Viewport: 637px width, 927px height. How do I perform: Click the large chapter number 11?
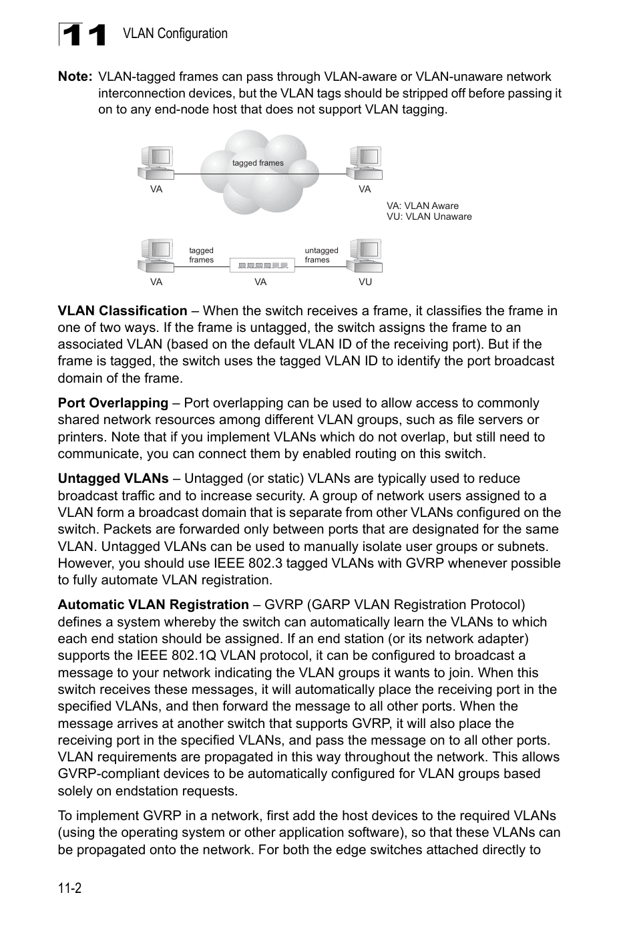[83, 35]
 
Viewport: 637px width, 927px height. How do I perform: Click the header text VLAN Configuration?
[175, 33]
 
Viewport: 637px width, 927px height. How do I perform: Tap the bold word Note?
[75, 77]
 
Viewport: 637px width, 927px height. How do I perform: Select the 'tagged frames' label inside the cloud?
[258, 163]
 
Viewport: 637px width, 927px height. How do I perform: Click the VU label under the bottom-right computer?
[365, 282]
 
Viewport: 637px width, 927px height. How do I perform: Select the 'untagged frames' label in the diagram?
[321, 255]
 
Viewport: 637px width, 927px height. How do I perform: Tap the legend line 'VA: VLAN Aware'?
[422, 206]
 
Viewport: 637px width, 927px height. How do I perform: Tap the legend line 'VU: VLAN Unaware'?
[429, 216]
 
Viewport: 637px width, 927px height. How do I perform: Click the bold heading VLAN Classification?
[122, 311]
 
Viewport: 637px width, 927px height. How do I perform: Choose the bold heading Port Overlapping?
[113, 403]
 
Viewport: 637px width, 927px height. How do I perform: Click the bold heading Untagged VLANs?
[113, 478]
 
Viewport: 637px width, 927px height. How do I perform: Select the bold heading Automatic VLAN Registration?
[153, 604]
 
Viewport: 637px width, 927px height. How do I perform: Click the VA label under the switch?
[260, 282]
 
